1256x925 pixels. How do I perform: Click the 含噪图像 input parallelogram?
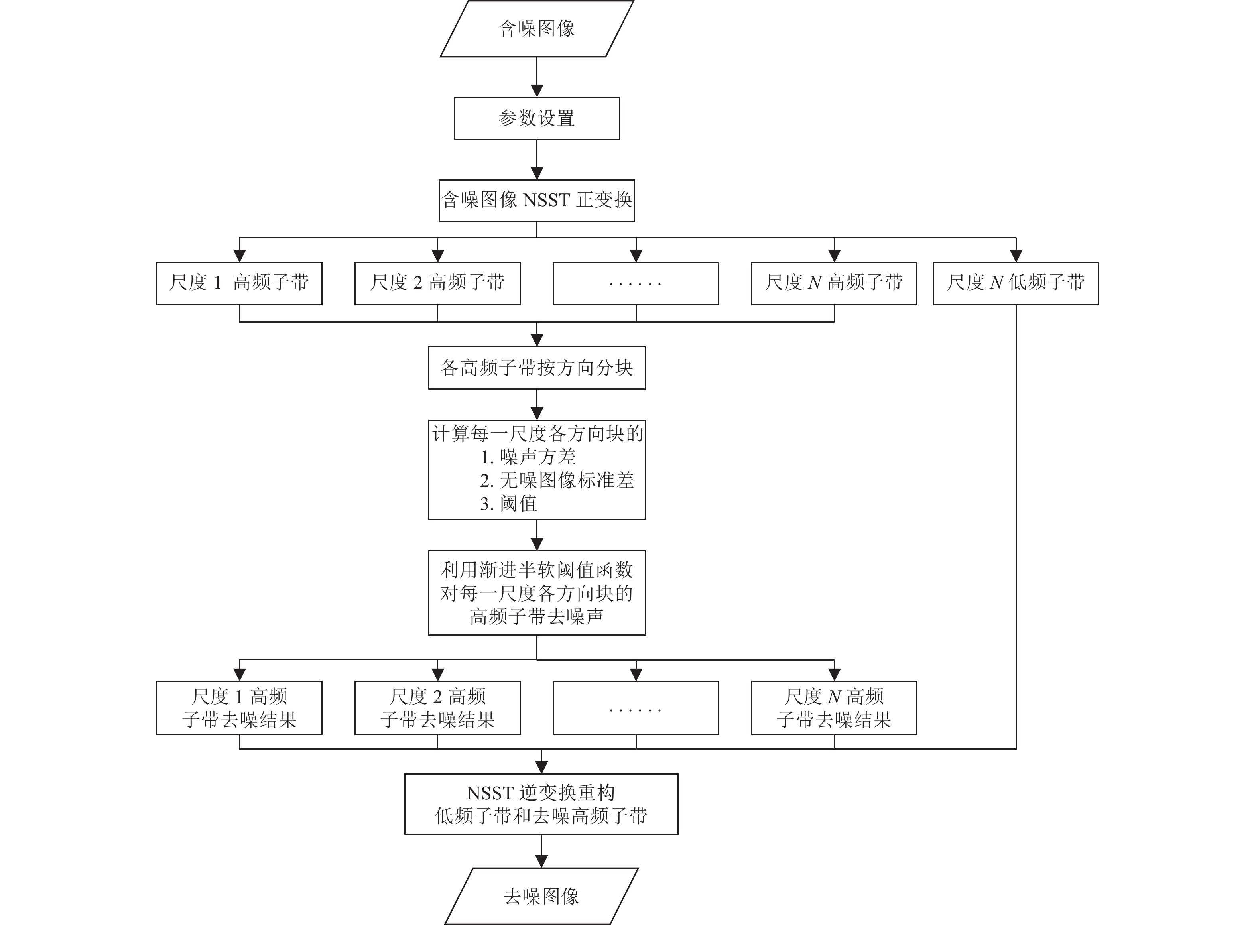536,29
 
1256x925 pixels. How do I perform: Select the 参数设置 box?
536,118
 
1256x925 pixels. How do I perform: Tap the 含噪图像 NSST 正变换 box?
536,201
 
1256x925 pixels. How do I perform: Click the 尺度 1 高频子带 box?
239,283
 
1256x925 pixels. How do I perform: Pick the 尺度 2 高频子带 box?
437,283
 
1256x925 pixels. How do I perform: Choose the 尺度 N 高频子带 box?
834,283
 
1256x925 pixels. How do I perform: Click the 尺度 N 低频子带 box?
1015,283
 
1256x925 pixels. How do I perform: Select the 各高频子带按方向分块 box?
536,368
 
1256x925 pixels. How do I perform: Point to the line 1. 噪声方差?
528,457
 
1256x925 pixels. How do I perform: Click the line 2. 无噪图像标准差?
557,480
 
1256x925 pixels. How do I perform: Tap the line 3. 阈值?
508,504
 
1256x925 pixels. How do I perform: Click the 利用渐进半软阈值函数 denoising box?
536,593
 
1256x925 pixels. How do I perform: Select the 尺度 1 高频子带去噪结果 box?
239,708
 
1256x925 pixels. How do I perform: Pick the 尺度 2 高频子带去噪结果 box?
437,708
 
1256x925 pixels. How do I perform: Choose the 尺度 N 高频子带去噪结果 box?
834,708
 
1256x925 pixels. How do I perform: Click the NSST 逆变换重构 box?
541,805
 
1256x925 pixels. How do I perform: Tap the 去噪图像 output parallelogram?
541,896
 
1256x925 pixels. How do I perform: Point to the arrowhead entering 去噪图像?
541,861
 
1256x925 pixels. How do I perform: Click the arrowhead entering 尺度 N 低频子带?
1015,256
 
